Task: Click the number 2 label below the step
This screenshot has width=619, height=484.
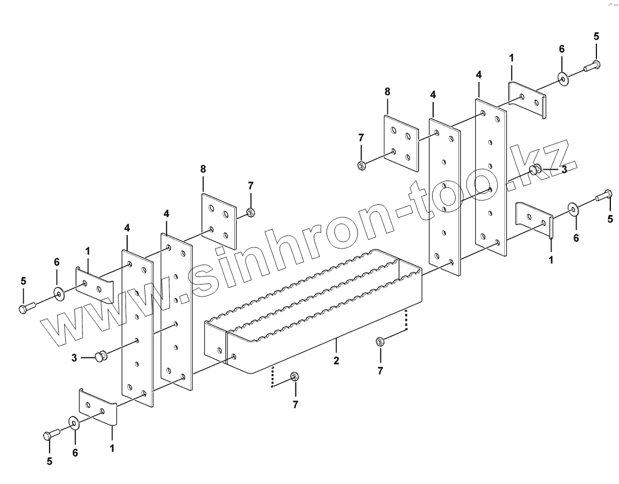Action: (336, 361)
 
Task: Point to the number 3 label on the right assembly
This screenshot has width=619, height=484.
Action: (564, 169)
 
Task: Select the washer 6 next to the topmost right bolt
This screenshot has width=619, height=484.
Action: (563, 80)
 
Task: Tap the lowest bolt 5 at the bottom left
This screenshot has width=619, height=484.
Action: (51, 434)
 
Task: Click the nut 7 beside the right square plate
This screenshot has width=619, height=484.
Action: (362, 164)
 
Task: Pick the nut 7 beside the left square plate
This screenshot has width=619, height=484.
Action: (251, 212)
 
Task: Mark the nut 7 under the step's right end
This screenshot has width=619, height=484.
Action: (379, 341)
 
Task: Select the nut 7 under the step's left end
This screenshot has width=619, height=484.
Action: (294, 376)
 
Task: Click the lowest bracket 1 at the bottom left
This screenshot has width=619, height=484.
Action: (98, 407)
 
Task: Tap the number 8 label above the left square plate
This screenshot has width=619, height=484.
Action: (203, 169)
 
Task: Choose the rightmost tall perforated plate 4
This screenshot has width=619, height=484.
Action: (491, 175)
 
